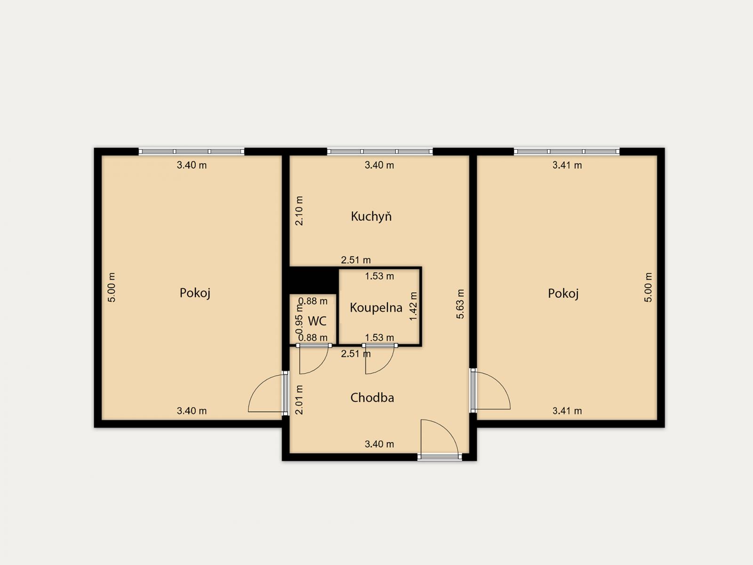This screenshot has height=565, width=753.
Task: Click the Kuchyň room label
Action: point(371,217)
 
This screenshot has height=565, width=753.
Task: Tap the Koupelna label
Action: point(376,307)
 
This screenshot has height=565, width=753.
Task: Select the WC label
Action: point(317,321)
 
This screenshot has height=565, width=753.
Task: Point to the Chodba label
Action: point(372,397)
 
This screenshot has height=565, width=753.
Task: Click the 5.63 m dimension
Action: point(460,304)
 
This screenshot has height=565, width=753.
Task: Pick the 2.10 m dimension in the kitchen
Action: point(299,210)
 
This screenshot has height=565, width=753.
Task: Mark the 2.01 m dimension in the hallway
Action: point(299,400)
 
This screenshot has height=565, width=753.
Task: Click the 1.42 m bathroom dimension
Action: point(413,307)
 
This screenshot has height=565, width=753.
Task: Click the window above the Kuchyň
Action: point(380,151)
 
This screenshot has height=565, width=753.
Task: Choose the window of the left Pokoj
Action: point(192,151)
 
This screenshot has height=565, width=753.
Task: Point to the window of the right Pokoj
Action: point(567,151)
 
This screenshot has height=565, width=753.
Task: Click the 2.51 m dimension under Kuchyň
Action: point(356,260)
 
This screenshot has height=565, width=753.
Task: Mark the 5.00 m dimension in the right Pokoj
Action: point(648,288)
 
